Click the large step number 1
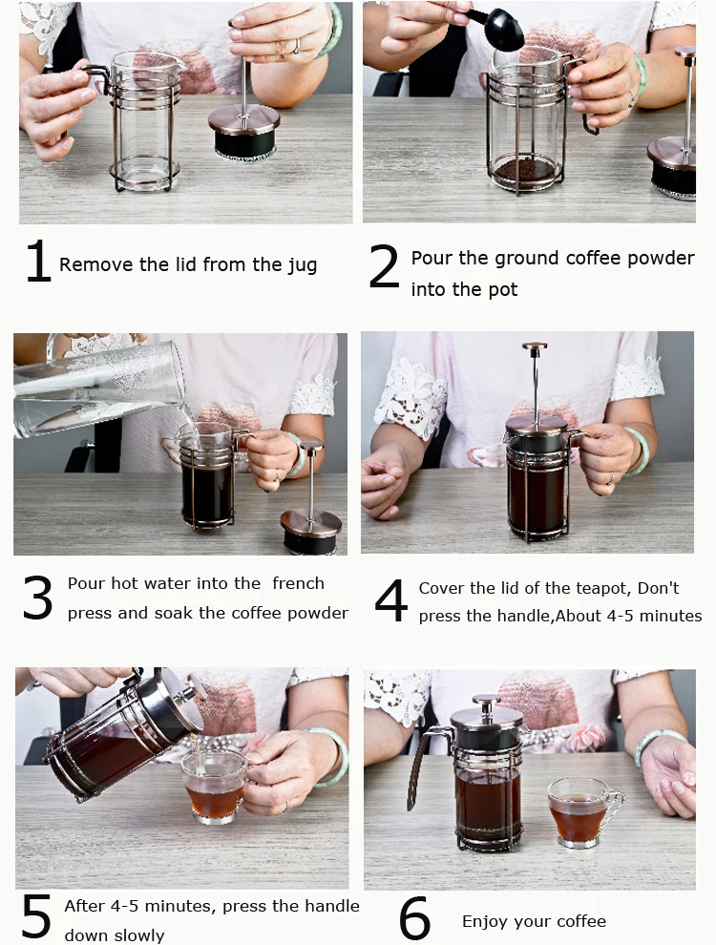[x=39, y=261]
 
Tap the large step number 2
[x=384, y=265]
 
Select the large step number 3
[x=37, y=598]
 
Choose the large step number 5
[x=36, y=915]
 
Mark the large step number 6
[x=415, y=917]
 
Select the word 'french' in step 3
[x=298, y=583]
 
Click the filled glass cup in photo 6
[x=584, y=812]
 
